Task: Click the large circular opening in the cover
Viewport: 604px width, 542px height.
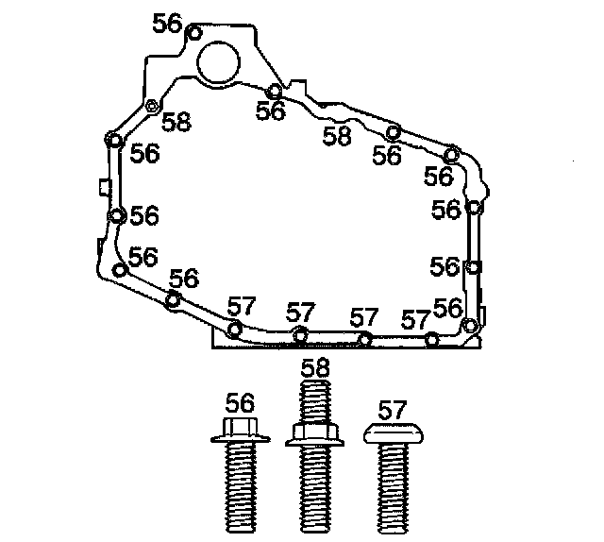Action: [218, 61]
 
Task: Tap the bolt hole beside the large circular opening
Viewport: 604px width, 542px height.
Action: [194, 33]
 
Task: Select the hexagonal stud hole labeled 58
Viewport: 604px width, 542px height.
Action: [153, 105]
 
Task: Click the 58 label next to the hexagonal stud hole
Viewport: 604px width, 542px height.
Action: [176, 122]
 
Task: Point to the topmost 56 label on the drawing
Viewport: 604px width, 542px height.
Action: [167, 24]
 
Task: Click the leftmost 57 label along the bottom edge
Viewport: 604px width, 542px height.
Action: [242, 306]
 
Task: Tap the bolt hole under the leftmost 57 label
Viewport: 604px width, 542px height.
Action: [235, 330]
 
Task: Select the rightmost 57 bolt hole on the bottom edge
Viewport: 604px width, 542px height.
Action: [432, 340]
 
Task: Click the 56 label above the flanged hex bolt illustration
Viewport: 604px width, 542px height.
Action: [240, 403]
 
